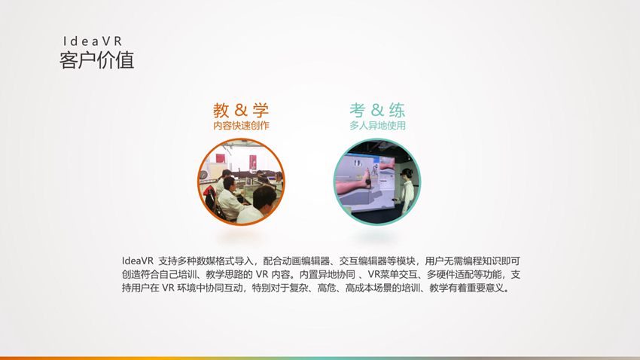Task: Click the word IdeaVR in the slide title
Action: pos(93,41)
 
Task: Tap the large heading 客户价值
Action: pos(96,60)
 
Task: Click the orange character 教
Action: pos(221,110)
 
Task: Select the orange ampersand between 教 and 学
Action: pos(241,110)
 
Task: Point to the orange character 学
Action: pos(261,110)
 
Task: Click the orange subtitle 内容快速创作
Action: pos(241,125)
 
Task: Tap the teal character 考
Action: pos(357,110)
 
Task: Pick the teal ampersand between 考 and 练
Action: pos(377,110)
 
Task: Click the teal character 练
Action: pos(397,110)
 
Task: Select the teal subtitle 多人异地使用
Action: pos(377,125)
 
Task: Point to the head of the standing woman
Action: pos(407,174)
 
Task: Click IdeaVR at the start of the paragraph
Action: pos(137,261)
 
